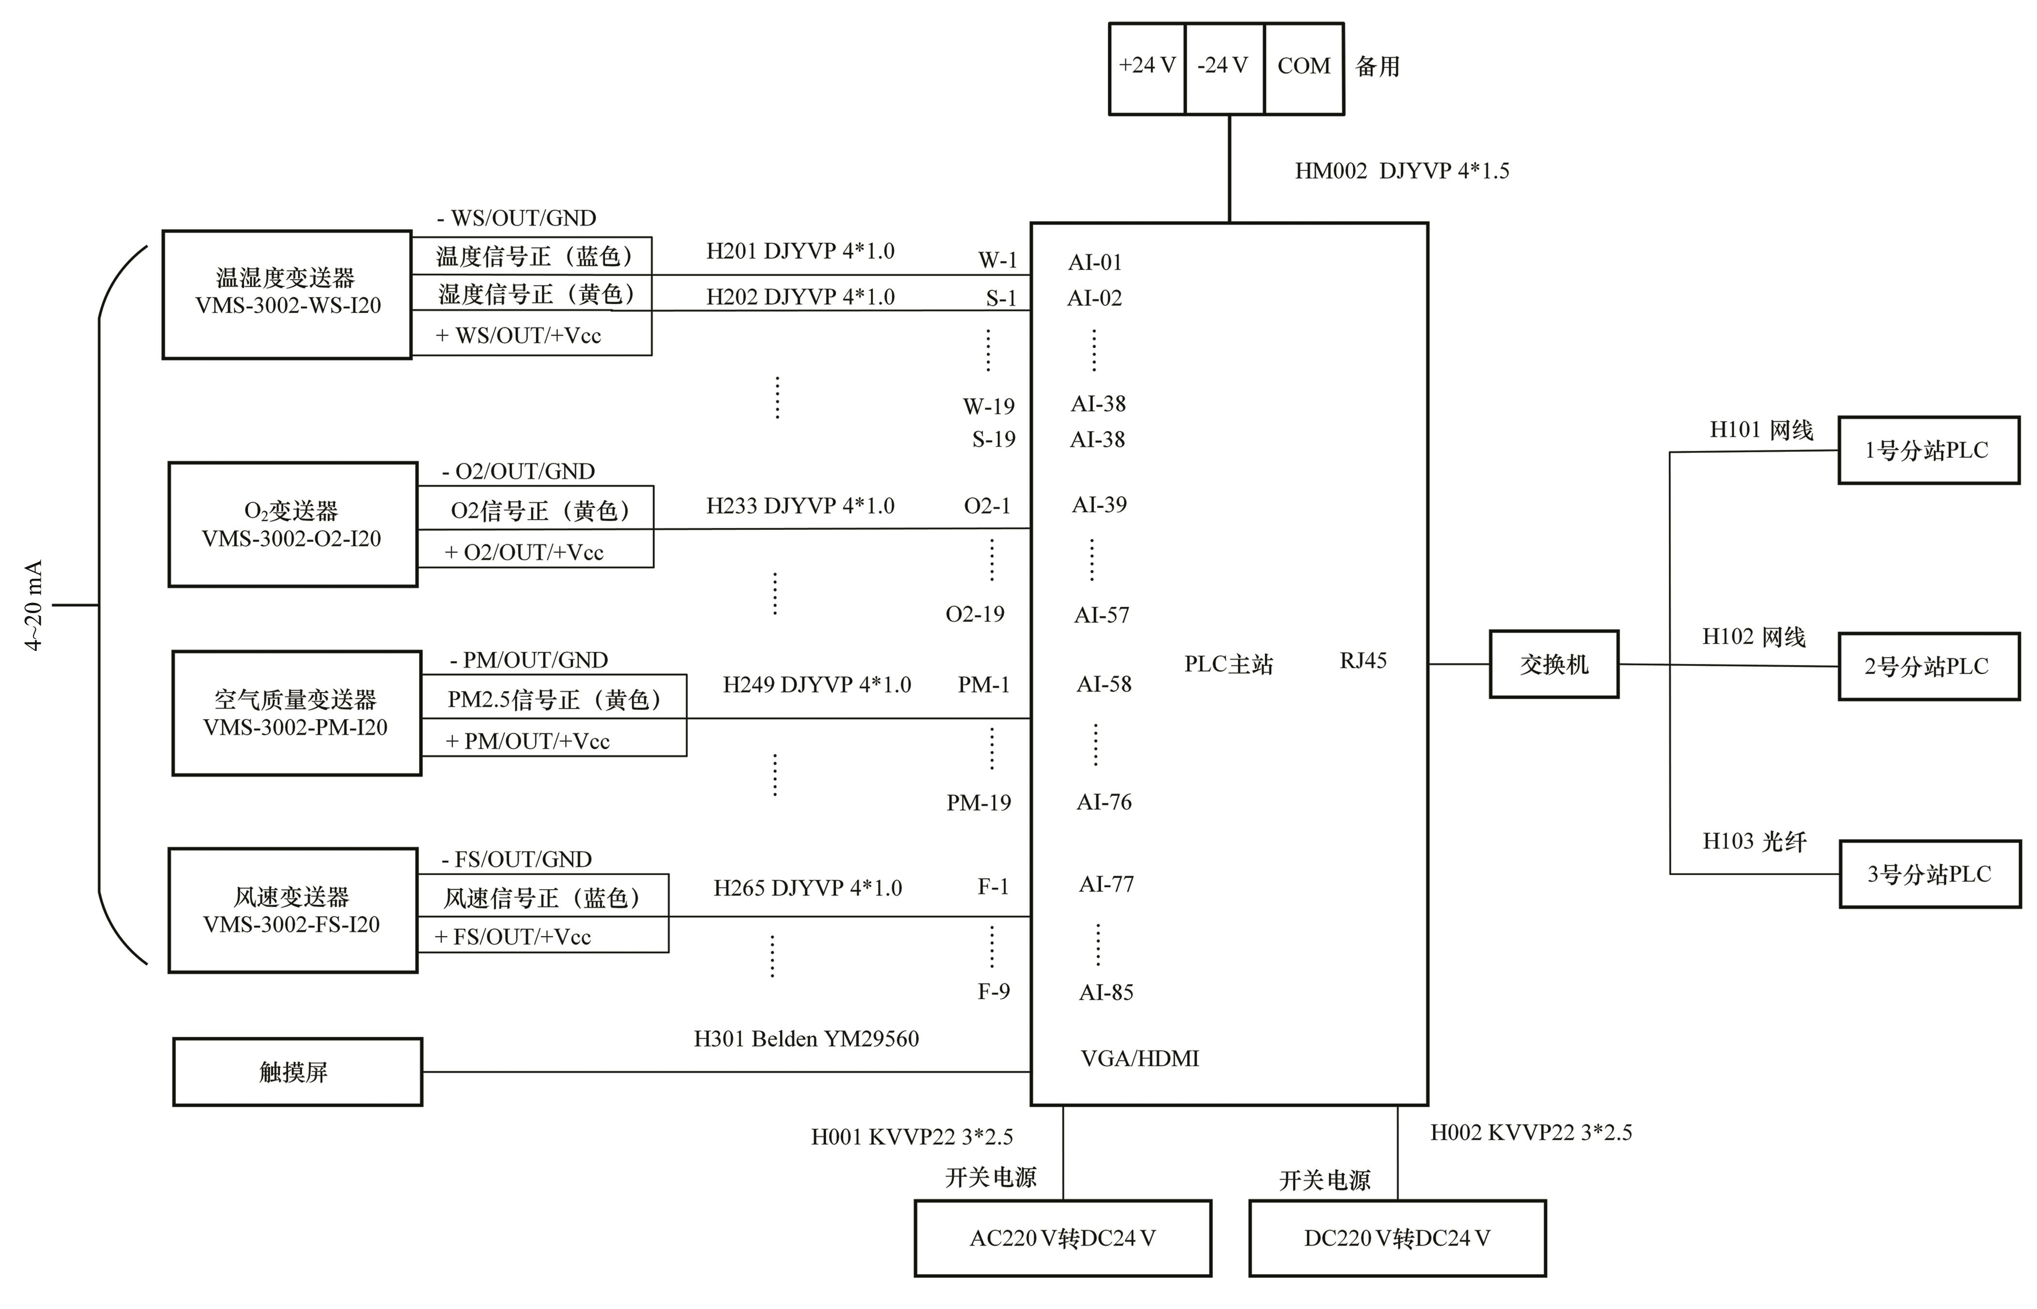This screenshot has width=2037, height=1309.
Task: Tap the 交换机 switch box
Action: [1553, 664]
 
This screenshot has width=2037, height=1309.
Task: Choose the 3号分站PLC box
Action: [1929, 874]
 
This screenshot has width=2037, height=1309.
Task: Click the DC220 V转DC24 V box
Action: [1396, 1238]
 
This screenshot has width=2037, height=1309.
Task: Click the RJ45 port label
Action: [1363, 661]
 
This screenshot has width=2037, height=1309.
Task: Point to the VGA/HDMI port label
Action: [1139, 1058]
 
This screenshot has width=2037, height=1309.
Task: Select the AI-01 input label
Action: [1095, 262]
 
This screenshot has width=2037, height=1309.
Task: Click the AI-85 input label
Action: [1106, 992]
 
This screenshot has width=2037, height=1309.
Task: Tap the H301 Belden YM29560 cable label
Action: [806, 1039]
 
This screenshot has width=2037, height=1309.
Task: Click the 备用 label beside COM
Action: [1377, 66]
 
